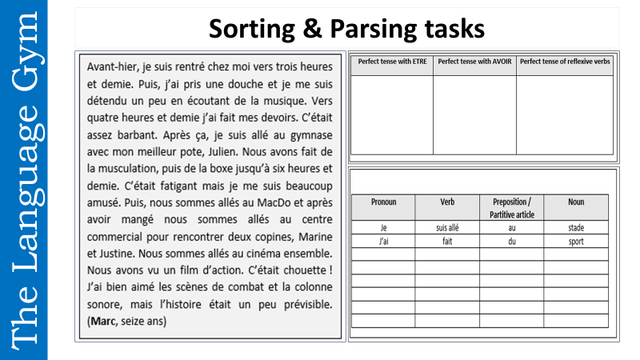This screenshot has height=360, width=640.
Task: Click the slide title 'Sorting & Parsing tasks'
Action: (x=346, y=29)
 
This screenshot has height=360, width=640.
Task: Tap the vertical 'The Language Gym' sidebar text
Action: (x=23, y=180)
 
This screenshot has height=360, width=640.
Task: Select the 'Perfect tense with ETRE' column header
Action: (x=391, y=61)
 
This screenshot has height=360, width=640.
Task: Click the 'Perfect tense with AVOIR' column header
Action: (x=474, y=61)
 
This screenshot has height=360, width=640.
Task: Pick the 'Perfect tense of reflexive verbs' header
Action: (x=565, y=61)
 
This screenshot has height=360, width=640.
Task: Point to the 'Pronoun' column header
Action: (x=383, y=202)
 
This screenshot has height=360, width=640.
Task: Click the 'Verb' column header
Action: (x=447, y=202)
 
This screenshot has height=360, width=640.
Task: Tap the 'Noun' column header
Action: (x=576, y=202)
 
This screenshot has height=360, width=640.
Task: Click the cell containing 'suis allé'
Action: (x=447, y=228)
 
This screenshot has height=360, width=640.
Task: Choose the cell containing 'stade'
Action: (x=576, y=228)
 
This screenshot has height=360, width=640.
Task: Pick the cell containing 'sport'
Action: (x=576, y=241)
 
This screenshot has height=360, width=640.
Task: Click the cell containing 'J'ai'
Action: (x=383, y=241)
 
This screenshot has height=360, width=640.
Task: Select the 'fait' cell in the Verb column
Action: (x=447, y=241)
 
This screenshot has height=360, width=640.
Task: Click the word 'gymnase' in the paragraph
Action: (x=307, y=134)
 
